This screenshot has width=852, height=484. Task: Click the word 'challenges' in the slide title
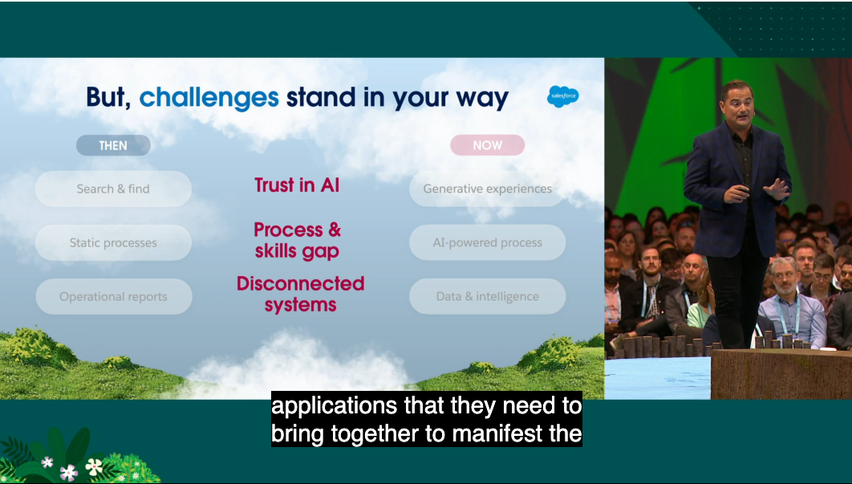pyautogui.click(x=209, y=98)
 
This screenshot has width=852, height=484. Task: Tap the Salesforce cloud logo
pyautogui.click(x=563, y=96)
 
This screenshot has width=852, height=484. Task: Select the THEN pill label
pyautogui.click(x=113, y=145)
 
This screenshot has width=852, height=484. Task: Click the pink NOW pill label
pyautogui.click(x=488, y=145)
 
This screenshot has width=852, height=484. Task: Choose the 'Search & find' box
pyautogui.click(x=113, y=189)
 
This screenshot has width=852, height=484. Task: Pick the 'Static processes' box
pyautogui.click(x=113, y=242)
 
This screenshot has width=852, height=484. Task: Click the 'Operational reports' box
pyautogui.click(x=114, y=296)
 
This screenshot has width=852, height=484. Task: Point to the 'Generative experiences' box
pyautogui.click(x=488, y=189)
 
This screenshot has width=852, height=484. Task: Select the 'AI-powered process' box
pyautogui.click(x=488, y=242)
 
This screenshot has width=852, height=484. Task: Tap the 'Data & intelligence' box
pyautogui.click(x=488, y=296)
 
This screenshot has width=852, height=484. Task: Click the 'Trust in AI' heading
pyautogui.click(x=297, y=185)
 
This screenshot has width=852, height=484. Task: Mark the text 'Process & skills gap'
pyautogui.click(x=297, y=240)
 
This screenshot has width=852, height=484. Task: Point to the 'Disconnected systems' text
pyautogui.click(x=301, y=294)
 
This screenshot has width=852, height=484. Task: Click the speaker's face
pyautogui.click(x=736, y=106)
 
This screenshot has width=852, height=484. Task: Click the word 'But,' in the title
pyautogui.click(x=108, y=98)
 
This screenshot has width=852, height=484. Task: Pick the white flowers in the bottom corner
pyautogui.click(x=71, y=469)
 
